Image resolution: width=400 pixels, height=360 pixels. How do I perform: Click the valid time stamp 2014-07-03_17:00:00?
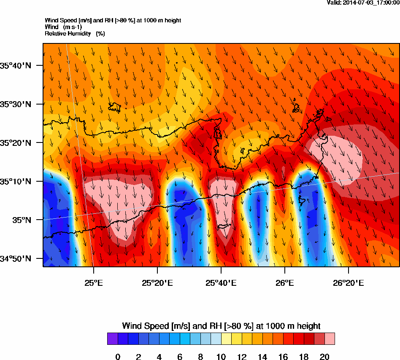point(363,3)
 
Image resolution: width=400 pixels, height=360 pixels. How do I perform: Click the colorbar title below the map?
point(221,326)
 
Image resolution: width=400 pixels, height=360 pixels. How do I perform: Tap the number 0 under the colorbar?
point(118,357)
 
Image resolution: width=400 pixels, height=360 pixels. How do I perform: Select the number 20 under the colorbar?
point(324,357)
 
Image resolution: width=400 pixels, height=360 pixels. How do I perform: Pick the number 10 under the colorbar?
point(221,357)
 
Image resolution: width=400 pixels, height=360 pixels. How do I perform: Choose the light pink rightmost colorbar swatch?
point(330,339)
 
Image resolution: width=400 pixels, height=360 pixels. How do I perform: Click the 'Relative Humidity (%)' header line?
point(75,33)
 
